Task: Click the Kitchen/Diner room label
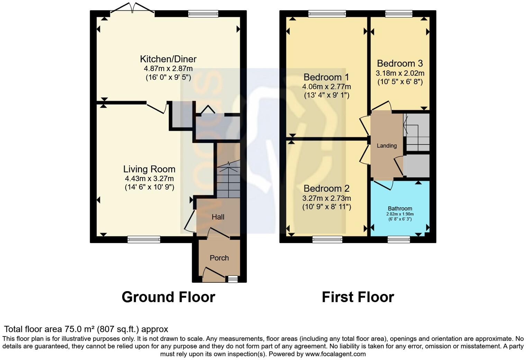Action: click(x=168, y=59)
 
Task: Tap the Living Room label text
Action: click(x=149, y=169)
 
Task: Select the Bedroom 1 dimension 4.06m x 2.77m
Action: click(x=326, y=87)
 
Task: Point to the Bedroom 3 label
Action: click(x=400, y=63)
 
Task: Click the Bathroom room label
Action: click(x=400, y=208)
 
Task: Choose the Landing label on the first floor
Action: click(x=387, y=146)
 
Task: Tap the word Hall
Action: click(x=218, y=217)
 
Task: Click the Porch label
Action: click(x=219, y=258)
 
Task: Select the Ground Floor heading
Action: click(x=168, y=297)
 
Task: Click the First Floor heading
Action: click(x=358, y=297)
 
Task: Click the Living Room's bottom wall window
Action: click(x=144, y=239)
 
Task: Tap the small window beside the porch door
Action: click(x=233, y=279)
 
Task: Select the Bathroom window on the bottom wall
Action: click(x=399, y=239)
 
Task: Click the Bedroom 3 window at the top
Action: click(x=399, y=14)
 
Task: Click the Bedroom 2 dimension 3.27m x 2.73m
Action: click(x=326, y=198)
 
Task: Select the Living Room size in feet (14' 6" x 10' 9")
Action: click(x=149, y=187)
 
